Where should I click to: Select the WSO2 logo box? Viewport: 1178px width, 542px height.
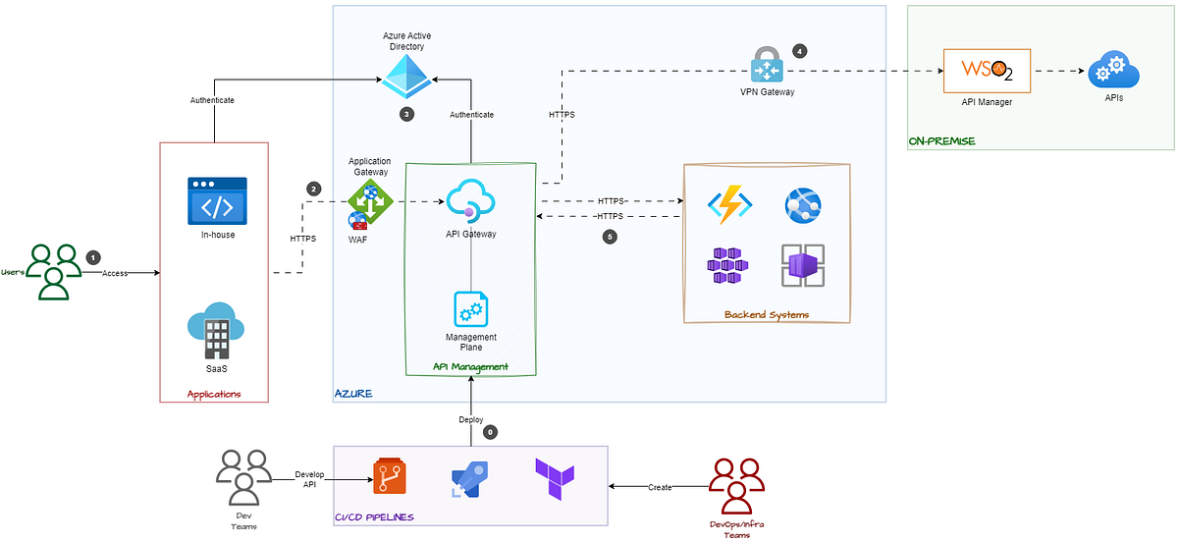pos(986,70)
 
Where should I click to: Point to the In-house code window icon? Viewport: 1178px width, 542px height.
pos(217,201)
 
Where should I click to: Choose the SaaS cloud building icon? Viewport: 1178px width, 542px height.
pos(217,328)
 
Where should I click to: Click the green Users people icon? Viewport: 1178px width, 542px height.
pos(53,271)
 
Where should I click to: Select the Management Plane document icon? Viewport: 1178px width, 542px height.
pos(470,309)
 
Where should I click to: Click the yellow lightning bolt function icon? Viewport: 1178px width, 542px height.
pos(729,204)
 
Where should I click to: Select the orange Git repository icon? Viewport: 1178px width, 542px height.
pos(389,476)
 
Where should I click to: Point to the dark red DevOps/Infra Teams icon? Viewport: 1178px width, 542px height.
pos(736,484)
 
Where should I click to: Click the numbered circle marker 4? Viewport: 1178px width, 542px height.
pos(799,51)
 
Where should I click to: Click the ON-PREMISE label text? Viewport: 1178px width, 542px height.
pos(940,142)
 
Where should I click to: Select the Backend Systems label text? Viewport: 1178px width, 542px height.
pos(766,314)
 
